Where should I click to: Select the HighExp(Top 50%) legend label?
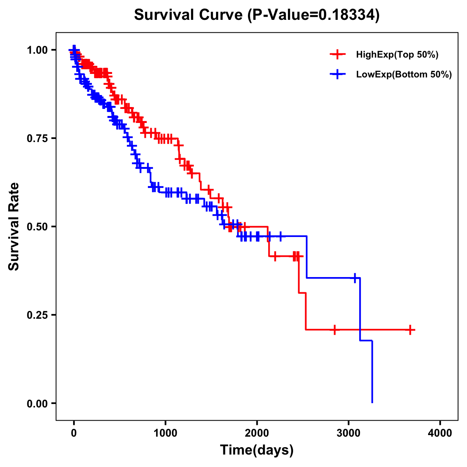[x=397, y=54]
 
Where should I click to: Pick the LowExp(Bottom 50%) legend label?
[x=404, y=74]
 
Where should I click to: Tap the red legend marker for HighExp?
[x=337, y=54]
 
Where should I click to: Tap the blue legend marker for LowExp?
[x=337, y=74]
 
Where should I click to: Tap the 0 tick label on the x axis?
[x=74, y=433]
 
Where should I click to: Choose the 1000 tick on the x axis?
[x=165, y=433]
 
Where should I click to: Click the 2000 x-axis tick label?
[x=257, y=433]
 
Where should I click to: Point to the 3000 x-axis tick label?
[x=349, y=433]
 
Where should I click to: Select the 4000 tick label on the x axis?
[x=440, y=433]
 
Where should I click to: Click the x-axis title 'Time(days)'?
[x=257, y=450]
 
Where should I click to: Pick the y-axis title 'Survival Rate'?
[x=14, y=226]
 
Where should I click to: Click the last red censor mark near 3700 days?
[x=410, y=330]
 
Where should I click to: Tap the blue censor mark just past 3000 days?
[x=355, y=278]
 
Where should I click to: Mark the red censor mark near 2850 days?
[x=334, y=330]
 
